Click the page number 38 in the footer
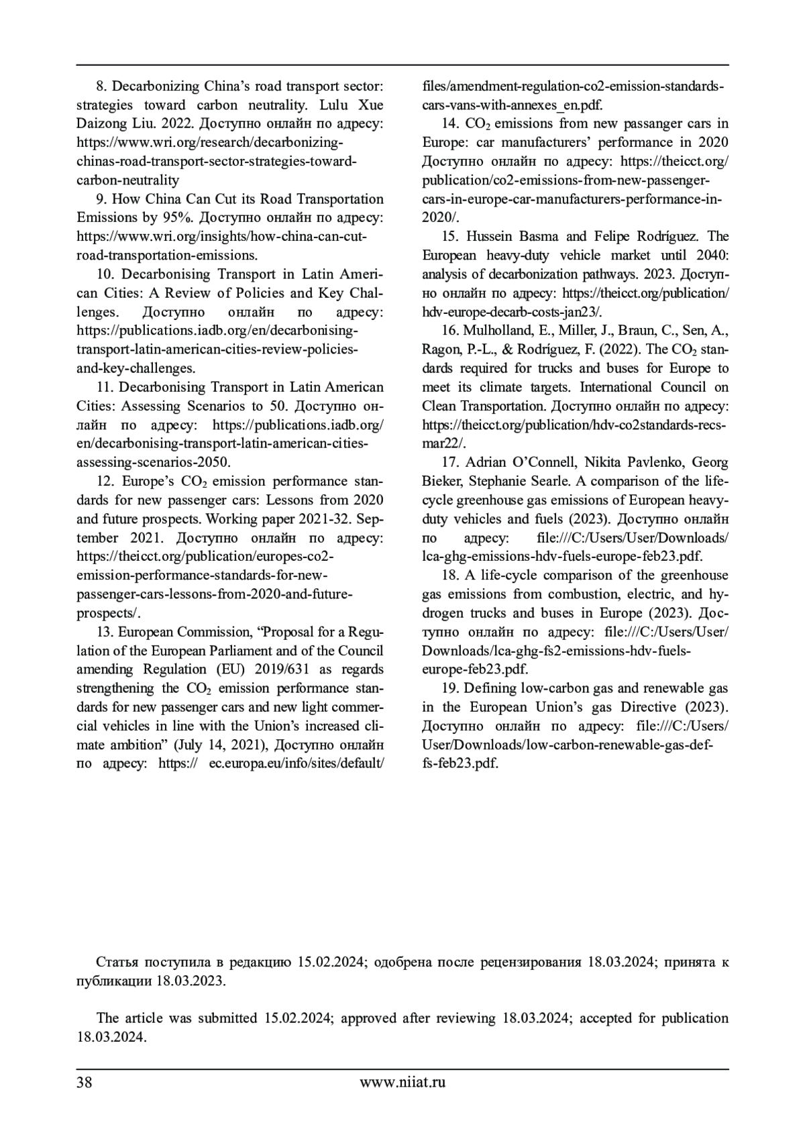(x=85, y=1081)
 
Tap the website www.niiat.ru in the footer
(x=402, y=1081)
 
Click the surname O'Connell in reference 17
(x=541, y=462)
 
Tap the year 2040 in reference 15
(x=712, y=255)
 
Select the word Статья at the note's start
(x=117, y=962)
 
